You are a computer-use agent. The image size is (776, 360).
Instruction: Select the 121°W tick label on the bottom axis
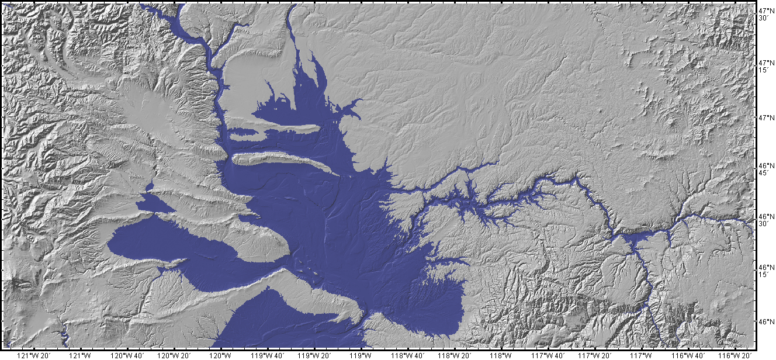(80, 355)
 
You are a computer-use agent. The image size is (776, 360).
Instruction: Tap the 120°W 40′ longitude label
(127, 355)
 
